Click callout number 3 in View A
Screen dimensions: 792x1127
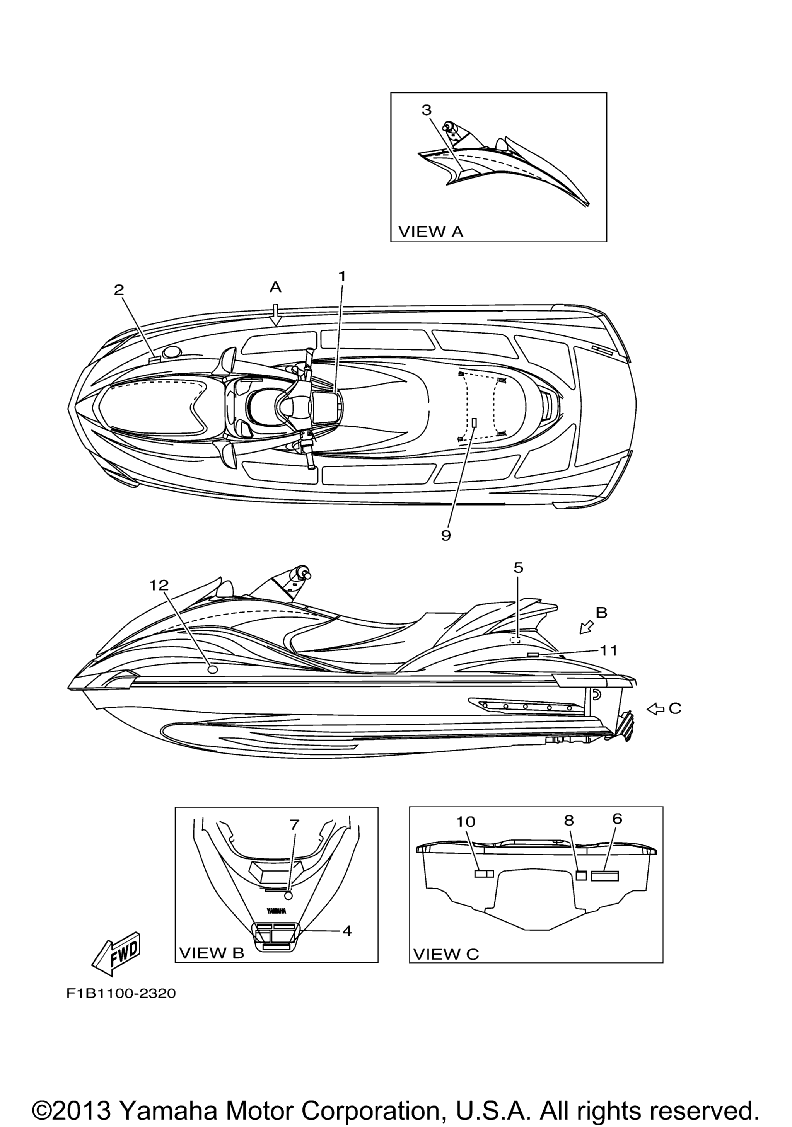point(427,110)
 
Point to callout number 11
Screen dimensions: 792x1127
point(609,650)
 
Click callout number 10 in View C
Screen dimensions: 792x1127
point(466,822)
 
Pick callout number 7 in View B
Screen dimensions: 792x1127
point(294,825)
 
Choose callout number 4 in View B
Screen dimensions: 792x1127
point(347,931)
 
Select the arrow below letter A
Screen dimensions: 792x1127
point(276,315)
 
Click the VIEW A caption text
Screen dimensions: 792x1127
point(431,232)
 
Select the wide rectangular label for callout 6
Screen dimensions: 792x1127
point(604,876)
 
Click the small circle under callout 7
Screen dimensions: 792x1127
point(289,896)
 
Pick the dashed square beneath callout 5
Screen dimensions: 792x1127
point(515,639)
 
